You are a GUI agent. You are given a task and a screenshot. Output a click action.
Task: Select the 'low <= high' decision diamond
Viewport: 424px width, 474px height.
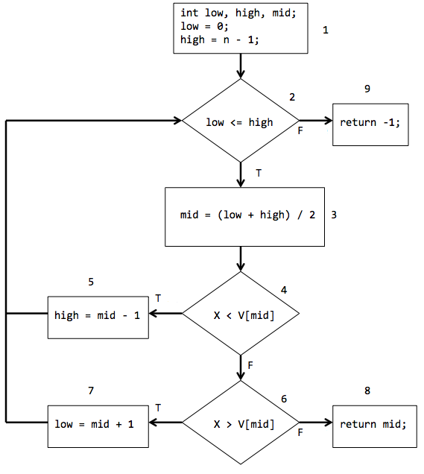pyautogui.click(x=241, y=121)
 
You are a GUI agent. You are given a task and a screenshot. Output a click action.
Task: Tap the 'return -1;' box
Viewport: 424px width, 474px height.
pyautogui.click(x=370, y=122)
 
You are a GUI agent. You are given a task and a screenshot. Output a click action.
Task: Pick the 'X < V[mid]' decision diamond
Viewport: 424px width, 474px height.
pyautogui.click(x=241, y=315)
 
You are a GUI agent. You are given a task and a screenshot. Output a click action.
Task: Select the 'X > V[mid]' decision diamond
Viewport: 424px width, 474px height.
pyautogui.click(x=241, y=424)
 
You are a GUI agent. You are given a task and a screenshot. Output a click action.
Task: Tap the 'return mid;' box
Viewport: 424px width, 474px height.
pyautogui.click(x=374, y=424)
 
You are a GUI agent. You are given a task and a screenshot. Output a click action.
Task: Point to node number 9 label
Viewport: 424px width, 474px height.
pyautogui.click(x=367, y=89)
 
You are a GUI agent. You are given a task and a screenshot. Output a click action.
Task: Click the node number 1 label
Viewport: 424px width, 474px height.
pyautogui.click(x=325, y=31)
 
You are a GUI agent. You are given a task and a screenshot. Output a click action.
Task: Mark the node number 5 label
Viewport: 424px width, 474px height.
pyautogui.click(x=90, y=282)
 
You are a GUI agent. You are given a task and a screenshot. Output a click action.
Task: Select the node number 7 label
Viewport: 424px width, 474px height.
pyautogui.click(x=90, y=391)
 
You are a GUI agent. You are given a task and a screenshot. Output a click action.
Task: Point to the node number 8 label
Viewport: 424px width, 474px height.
pyautogui.click(x=367, y=391)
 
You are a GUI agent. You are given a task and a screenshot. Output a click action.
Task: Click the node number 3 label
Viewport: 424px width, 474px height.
pyautogui.click(x=334, y=215)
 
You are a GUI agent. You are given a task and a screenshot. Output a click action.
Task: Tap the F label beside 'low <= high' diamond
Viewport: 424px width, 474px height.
pyautogui.click(x=300, y=130)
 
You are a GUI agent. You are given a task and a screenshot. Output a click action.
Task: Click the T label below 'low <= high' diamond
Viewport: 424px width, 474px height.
pyautogui.click(x=259, y=173)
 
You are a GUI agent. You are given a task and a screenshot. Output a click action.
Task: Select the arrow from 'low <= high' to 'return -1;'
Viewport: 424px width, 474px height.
pyautogui.click(x=316, y=121)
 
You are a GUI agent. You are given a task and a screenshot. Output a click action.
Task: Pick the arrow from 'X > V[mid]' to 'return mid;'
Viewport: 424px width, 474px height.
pyautogui.click(x=316, y=423)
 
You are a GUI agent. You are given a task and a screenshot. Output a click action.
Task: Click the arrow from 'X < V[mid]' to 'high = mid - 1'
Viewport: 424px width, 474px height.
pyautogui.click(x=165, y=314)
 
